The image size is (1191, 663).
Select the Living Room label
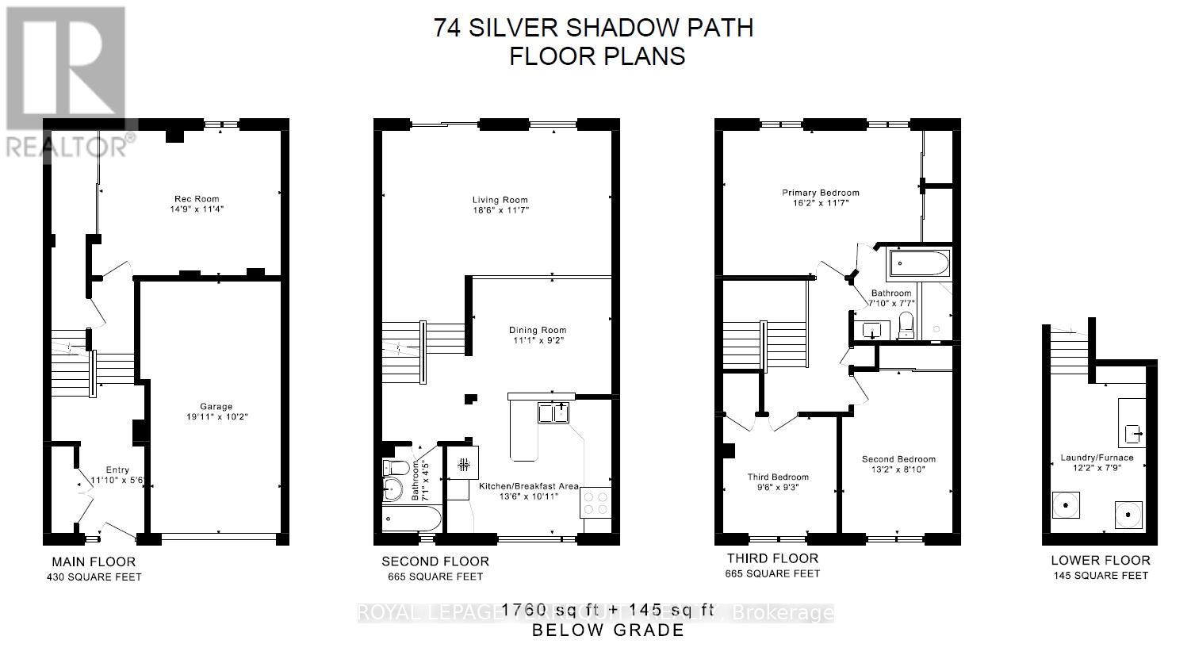(x=500, y=200)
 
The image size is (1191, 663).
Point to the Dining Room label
(x=538, y=330)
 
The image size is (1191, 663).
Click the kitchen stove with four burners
(x=595, y=503)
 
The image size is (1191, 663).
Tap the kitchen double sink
(x=553, y=413)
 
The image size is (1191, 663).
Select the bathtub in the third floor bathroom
(x=919, y=263)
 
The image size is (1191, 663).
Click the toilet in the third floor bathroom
(x=906, y=324)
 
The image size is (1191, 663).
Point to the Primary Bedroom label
(x=820, y=193)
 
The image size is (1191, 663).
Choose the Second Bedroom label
(x=898, y=459)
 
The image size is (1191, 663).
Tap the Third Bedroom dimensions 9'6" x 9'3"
(x=778, y=488)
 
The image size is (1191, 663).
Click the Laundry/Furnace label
(x=1097, y=458)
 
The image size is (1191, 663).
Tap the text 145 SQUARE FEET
(x=1100, y=575)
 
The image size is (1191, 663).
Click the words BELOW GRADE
(x=607, y=630)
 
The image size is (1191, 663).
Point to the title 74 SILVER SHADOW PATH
(x=593, y=28)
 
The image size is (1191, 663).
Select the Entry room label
(x=117, y=469)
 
